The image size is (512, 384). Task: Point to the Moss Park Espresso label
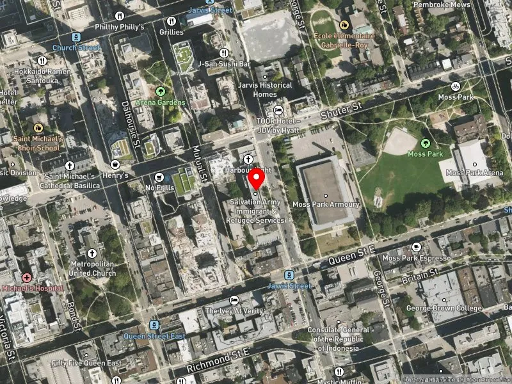point(417,258)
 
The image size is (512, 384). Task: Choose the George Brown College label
point(443,308)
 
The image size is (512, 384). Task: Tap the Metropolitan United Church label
point(93,268)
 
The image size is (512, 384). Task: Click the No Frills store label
point(159,188)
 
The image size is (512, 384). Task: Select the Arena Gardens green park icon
point(160,92)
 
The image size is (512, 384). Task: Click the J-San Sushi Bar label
point(223,63)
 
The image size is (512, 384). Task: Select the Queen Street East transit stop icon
point(153,325)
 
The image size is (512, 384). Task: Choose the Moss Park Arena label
point(474,173)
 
